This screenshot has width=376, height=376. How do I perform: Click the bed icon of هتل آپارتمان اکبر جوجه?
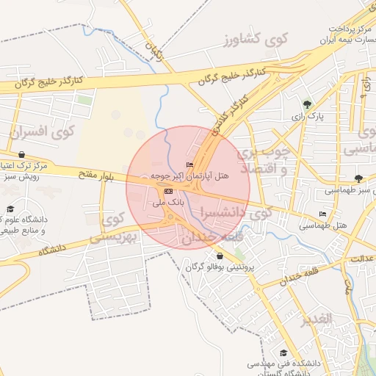point(190,164)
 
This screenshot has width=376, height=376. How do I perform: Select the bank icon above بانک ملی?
point(169,191)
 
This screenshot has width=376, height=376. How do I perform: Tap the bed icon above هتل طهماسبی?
point(323,214)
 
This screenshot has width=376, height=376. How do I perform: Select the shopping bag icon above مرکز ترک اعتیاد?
point(21,155)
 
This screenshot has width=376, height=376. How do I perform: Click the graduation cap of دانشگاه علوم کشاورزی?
point(10,209)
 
